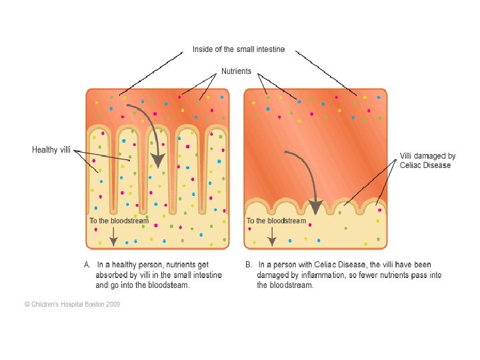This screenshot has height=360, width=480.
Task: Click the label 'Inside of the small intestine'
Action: click(239, 49)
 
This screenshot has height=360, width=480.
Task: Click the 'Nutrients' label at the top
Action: click(236, 71)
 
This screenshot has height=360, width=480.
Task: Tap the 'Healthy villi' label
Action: click(51, 149)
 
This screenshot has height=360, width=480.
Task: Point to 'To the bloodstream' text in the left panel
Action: click(119, 220)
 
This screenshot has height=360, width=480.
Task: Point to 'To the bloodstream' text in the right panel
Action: click(276, 221)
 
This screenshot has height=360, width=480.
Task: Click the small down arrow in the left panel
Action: click(114, 236)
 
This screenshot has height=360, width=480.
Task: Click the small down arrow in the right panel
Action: click(271, 236)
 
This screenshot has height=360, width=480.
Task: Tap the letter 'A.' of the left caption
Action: click(87, 265)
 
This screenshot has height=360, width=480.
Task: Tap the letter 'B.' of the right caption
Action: click(248, 265)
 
